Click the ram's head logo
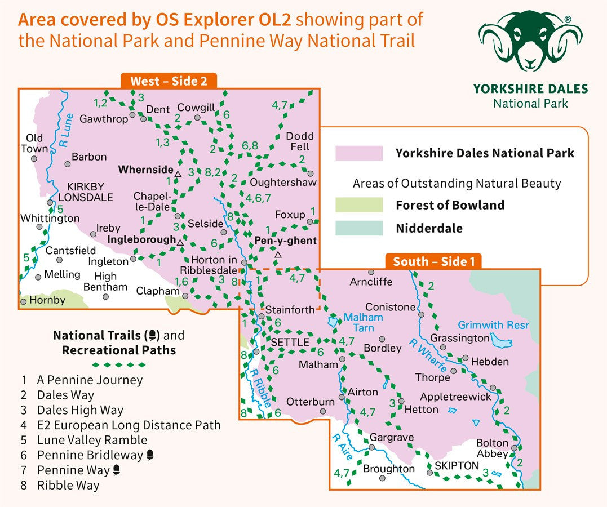(530, 42)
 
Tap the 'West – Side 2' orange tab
(169, 81)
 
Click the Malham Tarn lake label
(363, 322)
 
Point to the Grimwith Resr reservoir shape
(500, 341)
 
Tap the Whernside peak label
(145, 169)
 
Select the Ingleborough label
(141, 239)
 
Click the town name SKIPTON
(457, 466)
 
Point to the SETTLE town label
(290, 342)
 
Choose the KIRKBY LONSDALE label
(90, 192)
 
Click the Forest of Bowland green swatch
(359, 205)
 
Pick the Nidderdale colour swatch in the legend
(359, 228)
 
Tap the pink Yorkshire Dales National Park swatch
(359, 153)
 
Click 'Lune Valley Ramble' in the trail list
(92, 440)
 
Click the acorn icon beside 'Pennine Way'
(116, 470)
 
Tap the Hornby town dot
(23, 302)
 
